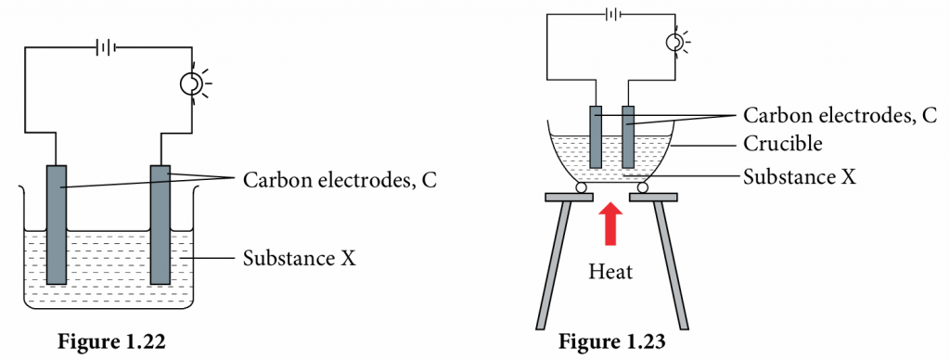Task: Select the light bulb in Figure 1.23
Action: click(x=677, y=43)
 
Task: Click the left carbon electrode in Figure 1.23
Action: click(x=596, y=136)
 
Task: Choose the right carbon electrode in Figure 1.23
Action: click(x=629, y=136)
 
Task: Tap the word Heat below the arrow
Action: click(x=609, y=272)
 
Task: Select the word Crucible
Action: click(x=783, y=145)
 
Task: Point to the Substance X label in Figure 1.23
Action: click(x=799, y=174)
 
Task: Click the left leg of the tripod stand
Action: click(x=549, y=264)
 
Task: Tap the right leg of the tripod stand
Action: click(x=672, y=264)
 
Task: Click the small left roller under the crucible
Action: click(x=580, y=188)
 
